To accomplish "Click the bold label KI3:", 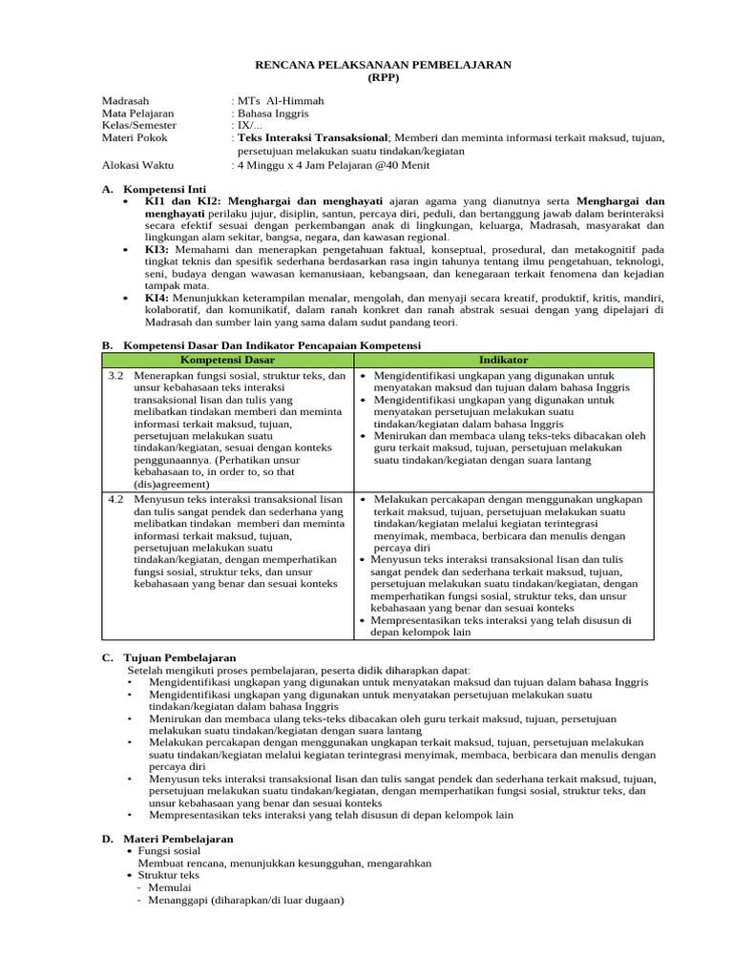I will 158,248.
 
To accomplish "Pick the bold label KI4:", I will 158,298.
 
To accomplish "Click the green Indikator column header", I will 503,360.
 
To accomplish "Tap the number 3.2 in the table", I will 116,376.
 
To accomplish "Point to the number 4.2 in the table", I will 116,499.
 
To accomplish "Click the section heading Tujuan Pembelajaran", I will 180,657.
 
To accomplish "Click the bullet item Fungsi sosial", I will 176,850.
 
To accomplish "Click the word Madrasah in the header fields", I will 126,101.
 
